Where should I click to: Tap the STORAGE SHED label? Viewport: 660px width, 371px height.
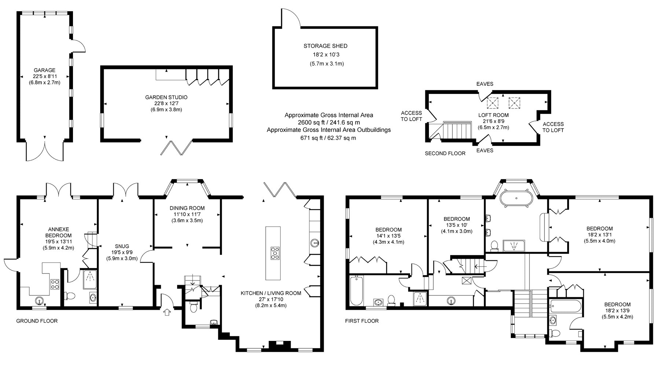click(x=325, y=46)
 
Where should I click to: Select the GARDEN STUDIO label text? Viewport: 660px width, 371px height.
click(x=166, y=98)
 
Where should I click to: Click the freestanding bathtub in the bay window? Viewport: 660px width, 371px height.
click(x=516, y=198)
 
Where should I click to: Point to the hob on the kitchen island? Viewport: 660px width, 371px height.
click(x=274, y=253)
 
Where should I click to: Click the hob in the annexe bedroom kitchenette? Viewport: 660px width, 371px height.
click(x=55, y=284)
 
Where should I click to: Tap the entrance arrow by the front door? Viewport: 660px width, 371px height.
click(x=167, y=312)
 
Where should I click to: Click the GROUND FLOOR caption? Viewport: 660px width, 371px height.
click(x=37, y=321)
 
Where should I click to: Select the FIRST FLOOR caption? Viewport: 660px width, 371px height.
click(x=362, y=321)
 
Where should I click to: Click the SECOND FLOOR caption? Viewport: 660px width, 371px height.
click(x=445, y=154)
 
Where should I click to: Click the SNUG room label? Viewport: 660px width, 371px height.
click(x=122, y=246)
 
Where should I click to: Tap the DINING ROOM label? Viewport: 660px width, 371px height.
click(x=187, y=208)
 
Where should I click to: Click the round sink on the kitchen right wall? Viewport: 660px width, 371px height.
click(x=314, y=242)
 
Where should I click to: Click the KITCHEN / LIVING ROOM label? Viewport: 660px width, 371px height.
click(x=271, y=293)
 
